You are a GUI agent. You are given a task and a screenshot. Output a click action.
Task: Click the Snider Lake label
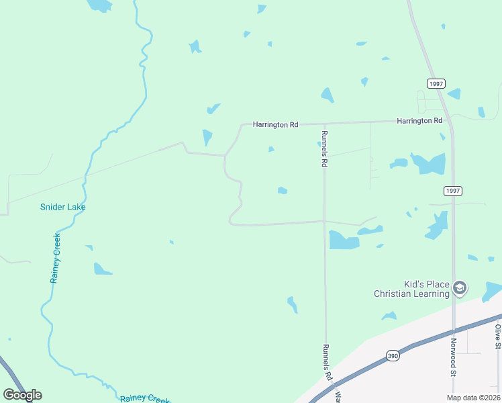click(x=62, y=207)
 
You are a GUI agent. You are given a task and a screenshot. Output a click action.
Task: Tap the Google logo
click(x=23, y=395)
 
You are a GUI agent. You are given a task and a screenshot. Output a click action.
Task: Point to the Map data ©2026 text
click(x=472, y=398)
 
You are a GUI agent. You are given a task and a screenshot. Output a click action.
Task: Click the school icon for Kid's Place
click(x=460, y=289)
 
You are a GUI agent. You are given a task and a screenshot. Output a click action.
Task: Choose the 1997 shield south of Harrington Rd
click(x=453, y=191)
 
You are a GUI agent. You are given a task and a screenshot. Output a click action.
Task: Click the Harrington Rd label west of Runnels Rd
click(x=275, y=124)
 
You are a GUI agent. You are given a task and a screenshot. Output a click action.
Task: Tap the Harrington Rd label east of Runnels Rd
click(x=419, y=121)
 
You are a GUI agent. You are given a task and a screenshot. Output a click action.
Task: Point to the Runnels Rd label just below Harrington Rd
click(x=323, y=149)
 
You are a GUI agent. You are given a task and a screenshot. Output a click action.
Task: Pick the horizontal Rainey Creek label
click(x=145, y=398)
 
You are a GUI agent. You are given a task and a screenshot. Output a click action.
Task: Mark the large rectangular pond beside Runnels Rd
click(x=344, y=240)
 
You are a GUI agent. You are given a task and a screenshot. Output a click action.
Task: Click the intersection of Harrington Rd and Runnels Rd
click(x=324, y=123)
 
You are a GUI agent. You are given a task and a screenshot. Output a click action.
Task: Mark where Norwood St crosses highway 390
click(x=454, y=331)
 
